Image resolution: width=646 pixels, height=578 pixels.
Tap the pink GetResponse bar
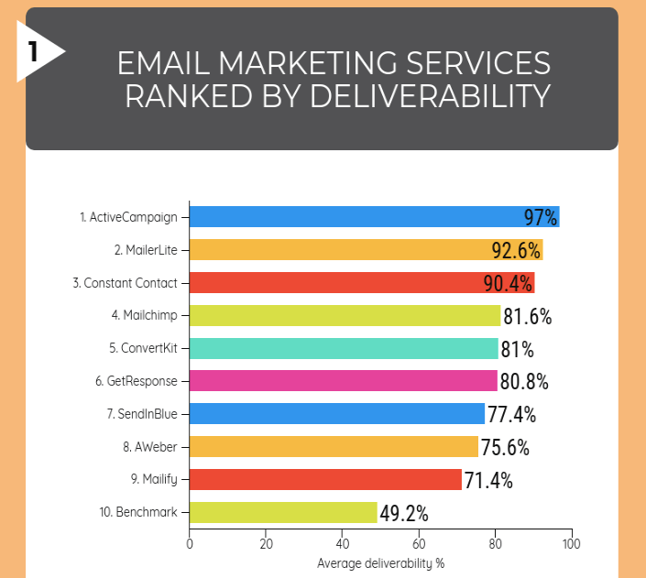343,381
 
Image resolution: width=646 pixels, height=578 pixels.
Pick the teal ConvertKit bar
343,348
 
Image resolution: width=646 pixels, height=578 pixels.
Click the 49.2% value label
403,513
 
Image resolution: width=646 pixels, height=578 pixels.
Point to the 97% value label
541,217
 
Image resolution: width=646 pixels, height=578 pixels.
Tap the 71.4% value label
487,480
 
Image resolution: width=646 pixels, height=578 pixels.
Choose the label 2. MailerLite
146,250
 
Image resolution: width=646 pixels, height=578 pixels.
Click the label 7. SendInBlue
141,414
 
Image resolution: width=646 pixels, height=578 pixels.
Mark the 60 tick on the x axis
419,543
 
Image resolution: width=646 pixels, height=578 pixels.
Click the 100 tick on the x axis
572,543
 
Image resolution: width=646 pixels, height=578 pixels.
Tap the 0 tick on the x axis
190,543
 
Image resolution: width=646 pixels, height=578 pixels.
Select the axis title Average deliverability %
380,563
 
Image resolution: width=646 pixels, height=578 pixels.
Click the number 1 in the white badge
32,51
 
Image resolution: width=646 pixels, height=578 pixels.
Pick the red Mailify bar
325,480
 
